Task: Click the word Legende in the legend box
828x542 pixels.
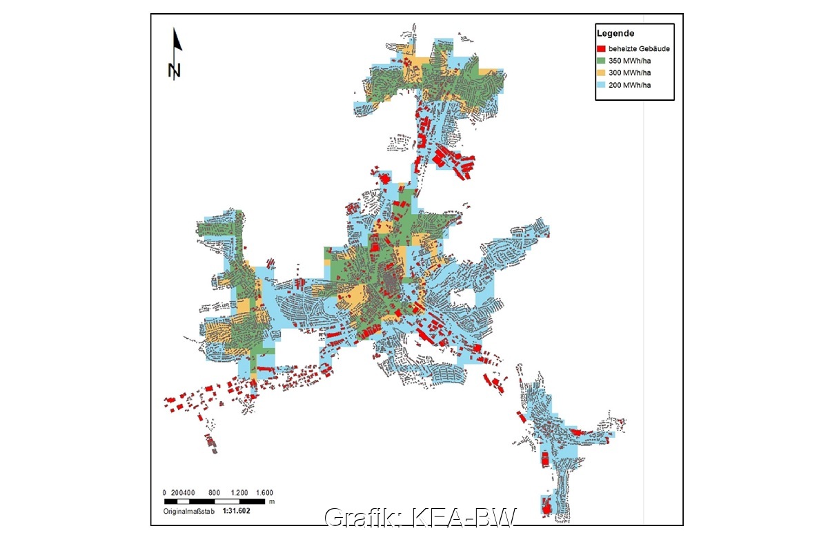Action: pyautogui.click(x=616, y=33)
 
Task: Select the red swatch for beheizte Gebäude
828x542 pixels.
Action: pyautogui.click(x=602, y=49)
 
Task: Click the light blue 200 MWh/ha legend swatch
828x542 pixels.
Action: pyautogui.click(x=602, y=85)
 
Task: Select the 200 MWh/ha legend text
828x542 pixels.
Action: pyautogui.click(x=629, y=85)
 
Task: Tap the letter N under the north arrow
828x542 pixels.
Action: pyautogui.click(x=174, y=70)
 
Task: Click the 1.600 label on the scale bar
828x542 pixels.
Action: pyautogui.click(x=265, y=492)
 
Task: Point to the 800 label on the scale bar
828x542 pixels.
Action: pyautogui.click(x=214, y=492)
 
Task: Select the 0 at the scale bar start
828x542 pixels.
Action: pyautogui.click(x=164, y=492)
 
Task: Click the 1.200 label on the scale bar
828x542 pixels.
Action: pyautogui.click(x=239, y=492)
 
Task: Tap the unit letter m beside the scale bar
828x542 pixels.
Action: pyautogui.click(x=272, y=501)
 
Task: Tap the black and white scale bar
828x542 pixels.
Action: pyautogui.click(x=214, y=501)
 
